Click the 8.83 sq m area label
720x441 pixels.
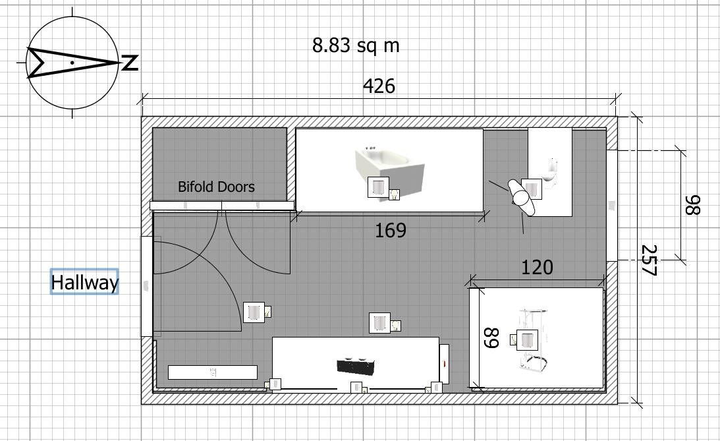coord(356,45)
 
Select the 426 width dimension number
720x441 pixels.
coord(379,86)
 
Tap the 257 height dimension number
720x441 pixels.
coord(649,260)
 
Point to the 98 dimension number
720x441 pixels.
coord(692,205)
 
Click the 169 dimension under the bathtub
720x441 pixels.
coord(391,230)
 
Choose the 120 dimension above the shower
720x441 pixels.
coord(537,267)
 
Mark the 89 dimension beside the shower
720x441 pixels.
coord(491,338)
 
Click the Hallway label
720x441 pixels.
coord(84,282)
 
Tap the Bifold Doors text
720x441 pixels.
coord(216,187)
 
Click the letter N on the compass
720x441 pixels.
coord(130,63)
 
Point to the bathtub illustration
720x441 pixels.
coord(389,170)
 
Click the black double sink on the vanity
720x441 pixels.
coord(357,365)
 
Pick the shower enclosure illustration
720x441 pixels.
coord(533,339)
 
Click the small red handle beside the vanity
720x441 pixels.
coord(444,363)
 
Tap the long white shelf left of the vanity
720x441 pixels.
coord(213,372)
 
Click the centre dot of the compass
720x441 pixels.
coord(72,62)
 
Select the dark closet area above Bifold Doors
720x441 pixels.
coord(219,164)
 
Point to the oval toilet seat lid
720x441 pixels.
coord(522,198)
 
